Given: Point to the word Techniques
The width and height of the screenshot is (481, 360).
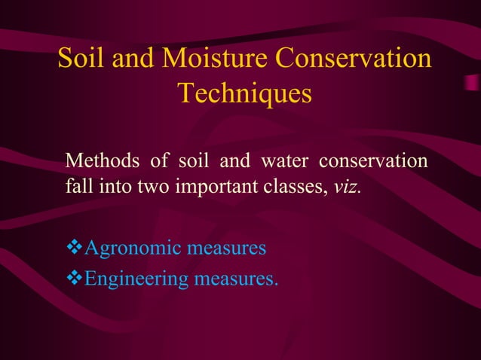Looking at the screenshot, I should pyautogui.click(x=244, y=95).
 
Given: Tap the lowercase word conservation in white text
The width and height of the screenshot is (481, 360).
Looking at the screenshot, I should pyautogui.click(x=373, y=162).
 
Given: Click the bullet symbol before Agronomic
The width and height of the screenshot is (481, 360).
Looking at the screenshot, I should pyautogui.click(x=74, y=247).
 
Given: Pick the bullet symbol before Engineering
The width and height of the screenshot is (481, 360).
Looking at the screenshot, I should pyautogui.click(x=74, y=279).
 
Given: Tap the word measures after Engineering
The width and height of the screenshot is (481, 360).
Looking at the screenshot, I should pyautogui.click(x=236, y=280).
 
